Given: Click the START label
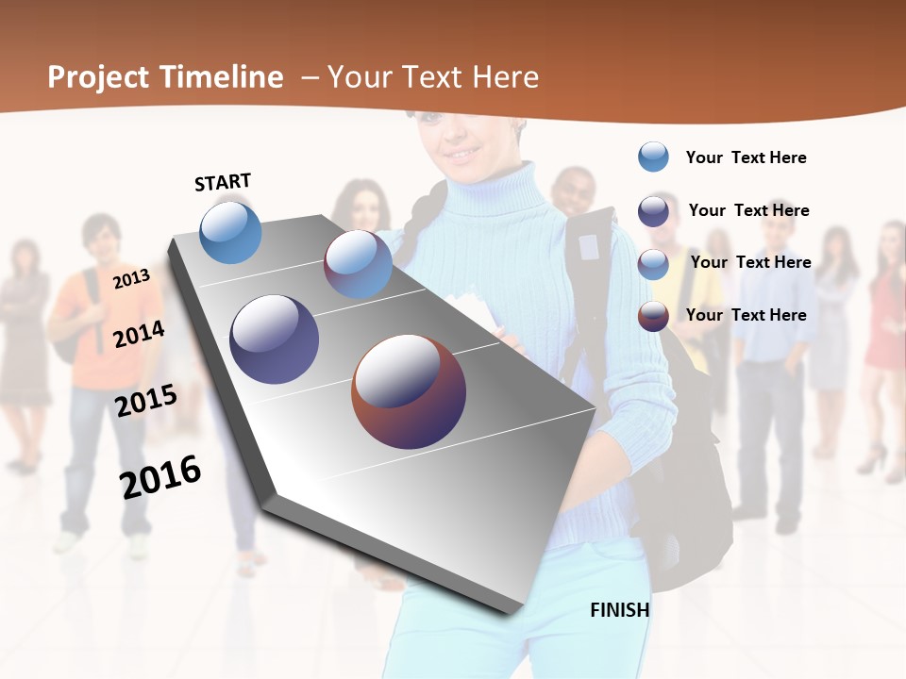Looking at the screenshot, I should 223,182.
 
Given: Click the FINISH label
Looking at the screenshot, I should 620,610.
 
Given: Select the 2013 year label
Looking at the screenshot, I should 131,278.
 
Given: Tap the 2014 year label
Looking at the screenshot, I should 139,334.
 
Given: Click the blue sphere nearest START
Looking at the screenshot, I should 230,232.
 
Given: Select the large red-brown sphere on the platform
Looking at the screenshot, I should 409,391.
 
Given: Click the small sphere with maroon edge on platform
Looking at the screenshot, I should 358,264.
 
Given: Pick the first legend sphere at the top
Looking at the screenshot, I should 653,157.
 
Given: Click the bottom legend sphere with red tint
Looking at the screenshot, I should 653,316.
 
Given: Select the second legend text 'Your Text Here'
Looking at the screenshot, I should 748,210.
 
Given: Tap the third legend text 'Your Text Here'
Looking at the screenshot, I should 750,262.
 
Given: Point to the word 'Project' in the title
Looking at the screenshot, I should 99,77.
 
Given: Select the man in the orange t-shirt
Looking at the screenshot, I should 99,311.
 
